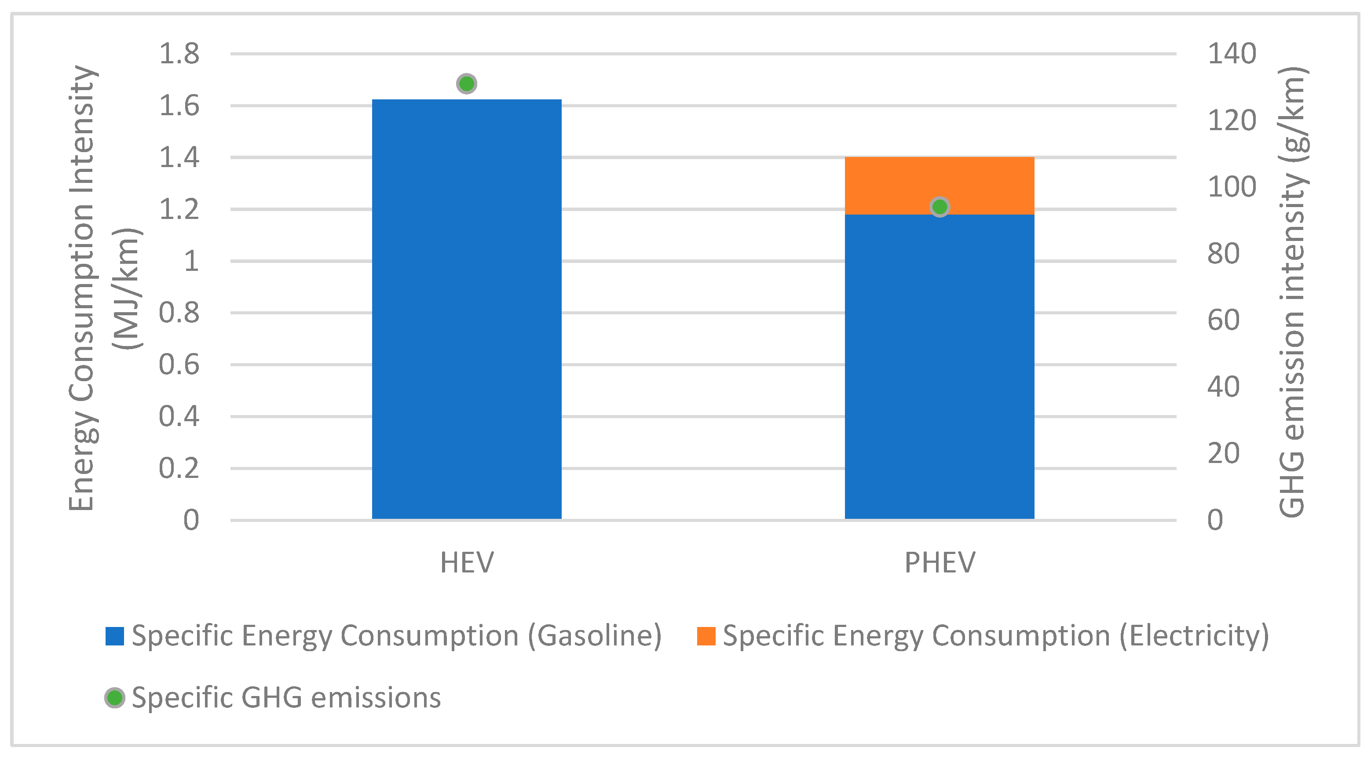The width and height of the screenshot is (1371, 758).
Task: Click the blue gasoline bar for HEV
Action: coord(466,309)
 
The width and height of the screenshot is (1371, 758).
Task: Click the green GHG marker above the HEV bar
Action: coord(466,84)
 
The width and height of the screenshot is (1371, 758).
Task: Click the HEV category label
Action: coord(467,562)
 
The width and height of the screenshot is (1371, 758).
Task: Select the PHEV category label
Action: coord(940,562)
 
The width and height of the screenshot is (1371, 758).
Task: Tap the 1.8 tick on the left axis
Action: coord(179,54)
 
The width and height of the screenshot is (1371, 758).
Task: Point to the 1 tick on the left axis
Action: coord(190,261)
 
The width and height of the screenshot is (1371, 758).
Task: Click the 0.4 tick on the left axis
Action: coord(179,416)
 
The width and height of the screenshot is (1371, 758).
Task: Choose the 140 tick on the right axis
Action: coord(1232,54)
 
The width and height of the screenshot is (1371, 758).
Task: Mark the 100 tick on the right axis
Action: coord(1232,187)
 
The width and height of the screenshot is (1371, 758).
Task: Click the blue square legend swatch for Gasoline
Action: coord(114,636)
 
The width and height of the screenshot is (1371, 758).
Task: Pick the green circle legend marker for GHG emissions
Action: coord(114,697)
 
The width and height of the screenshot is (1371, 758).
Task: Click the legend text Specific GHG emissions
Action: coord(286,697)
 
